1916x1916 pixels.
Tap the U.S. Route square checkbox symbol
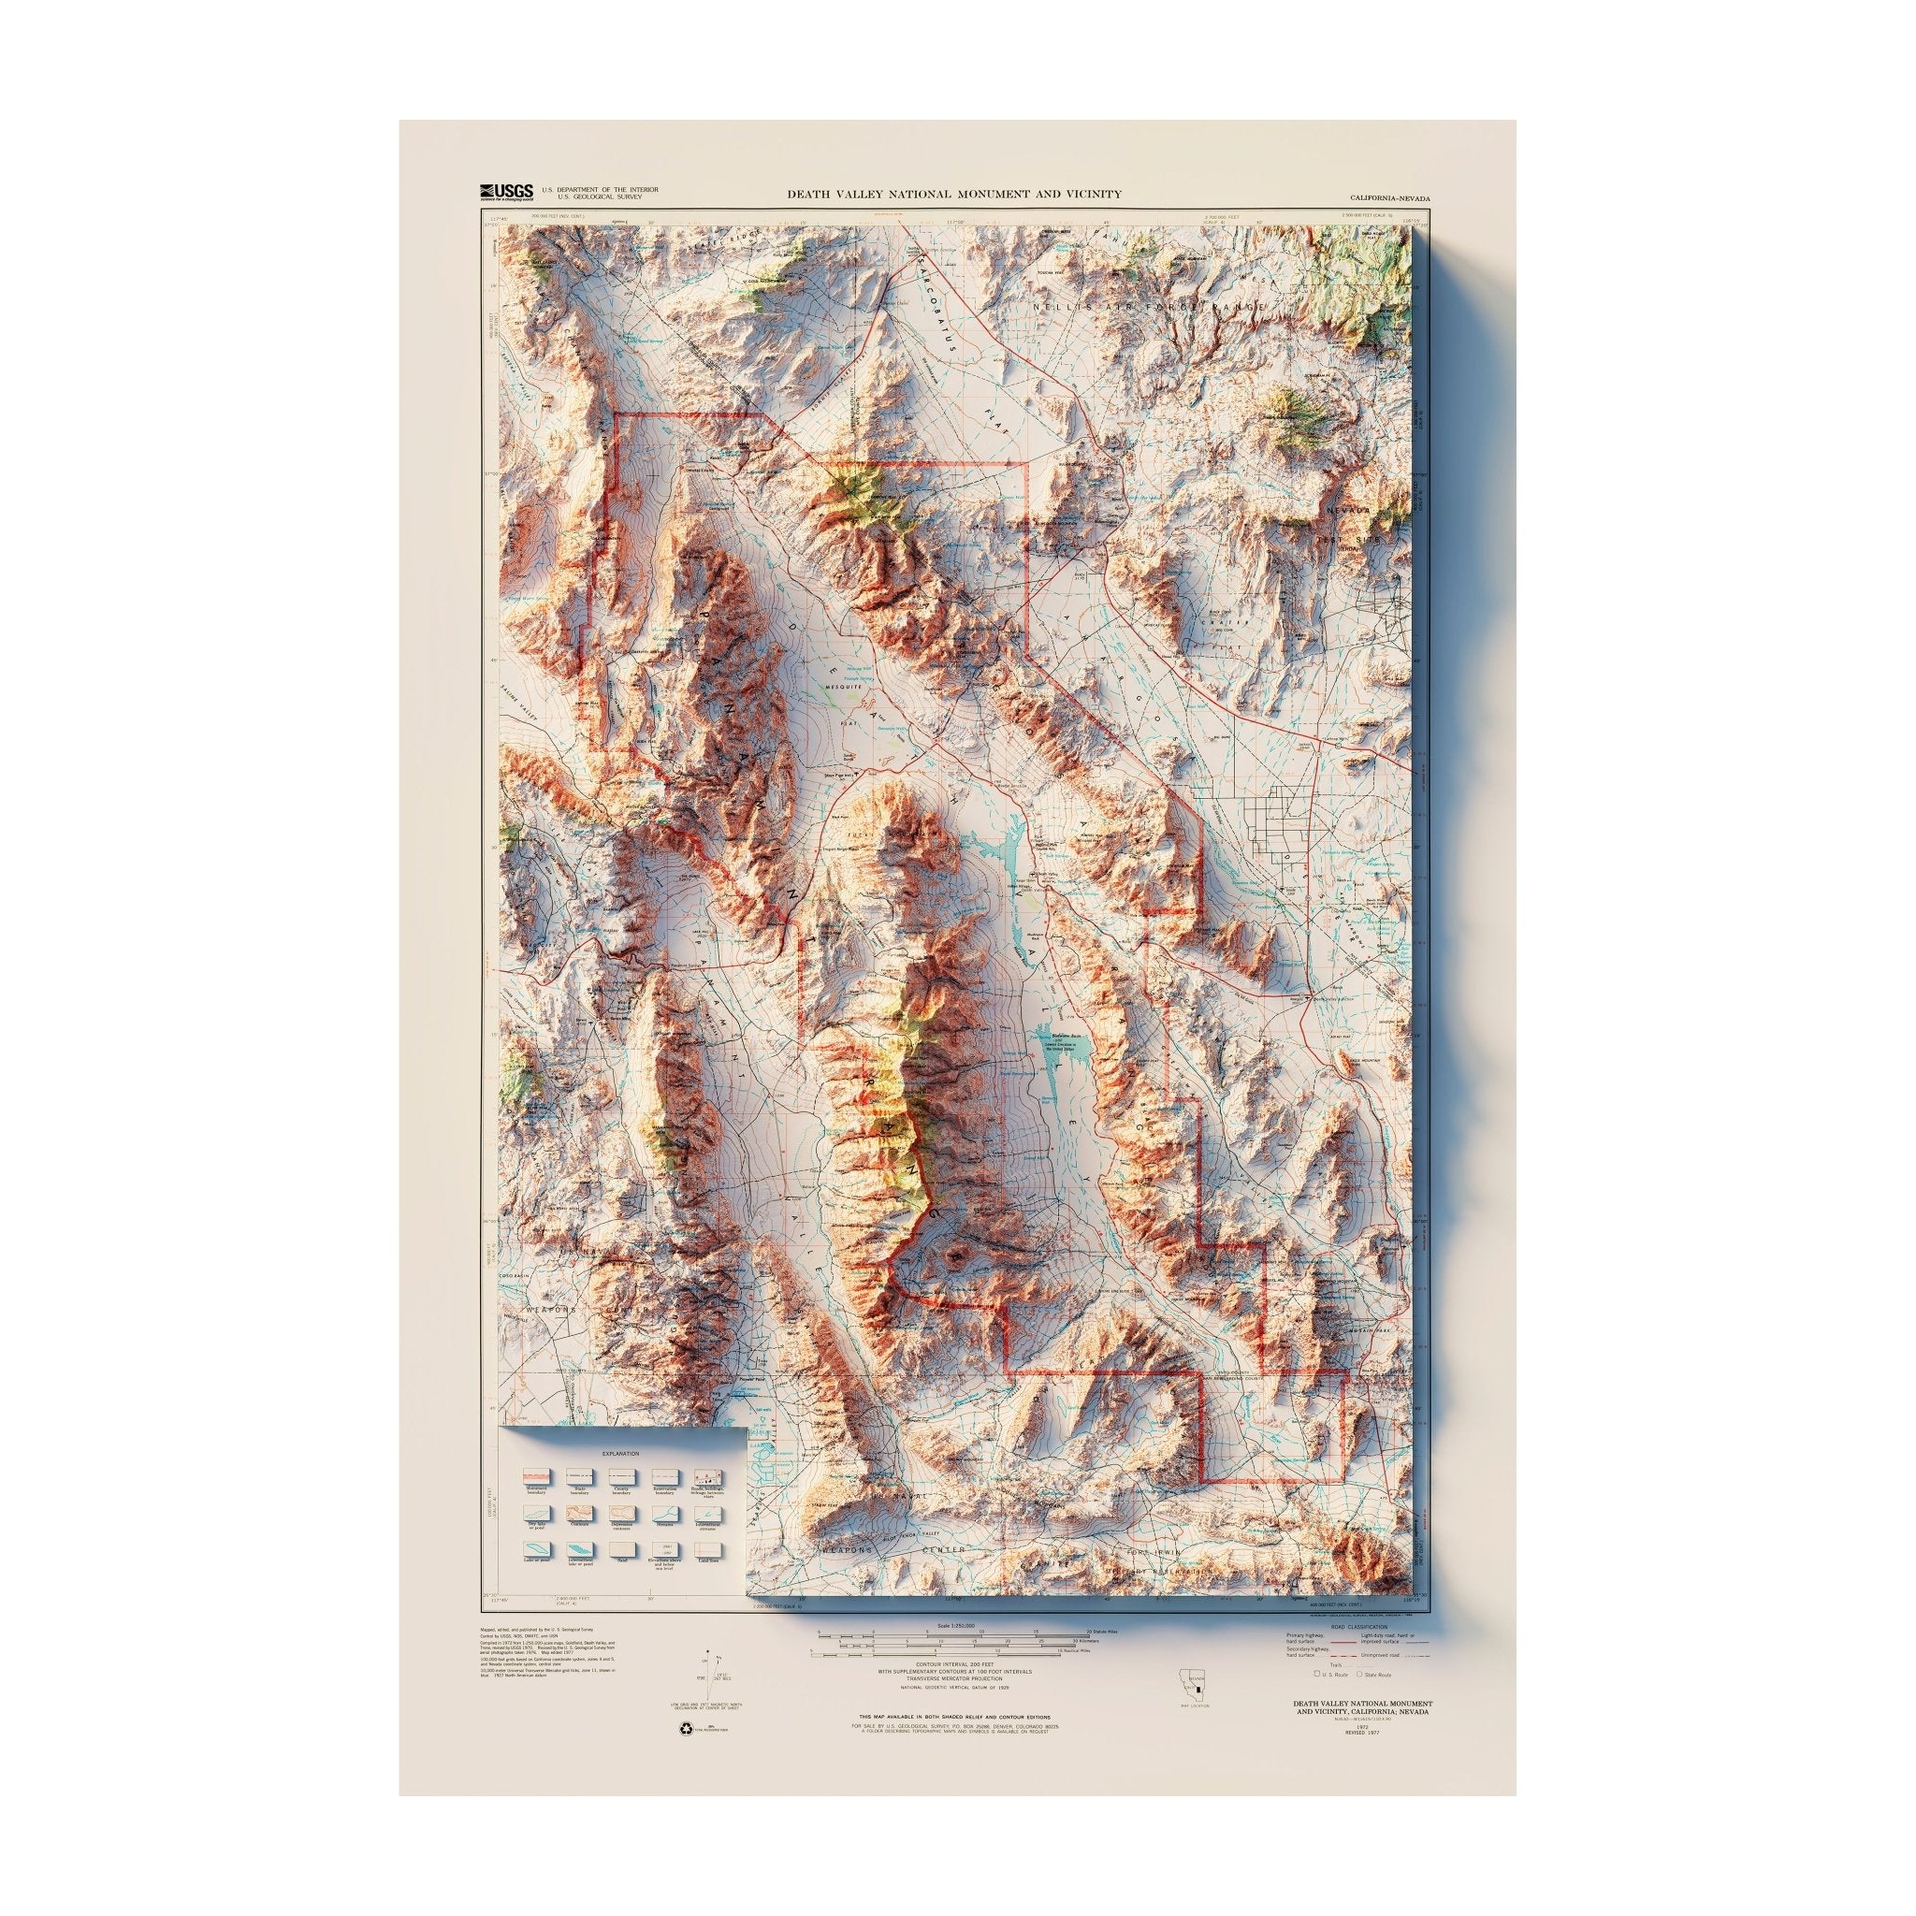click(x=1317, y=1674)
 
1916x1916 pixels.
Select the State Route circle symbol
click(x=1358, y=1675)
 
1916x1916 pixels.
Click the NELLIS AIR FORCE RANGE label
click(x=1149, y=310)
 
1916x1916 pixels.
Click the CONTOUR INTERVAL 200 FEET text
click(x=954, y=1665)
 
